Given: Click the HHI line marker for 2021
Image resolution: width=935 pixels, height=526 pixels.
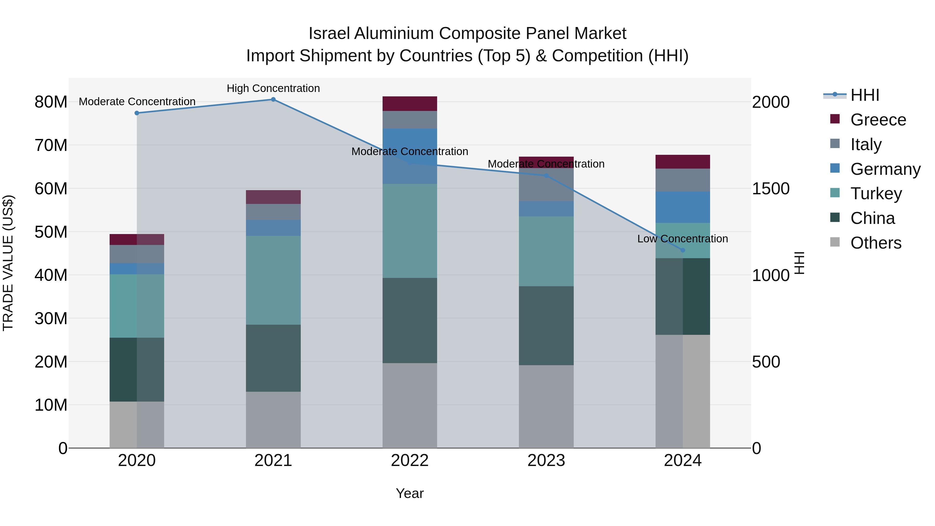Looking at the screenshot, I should click(273, 99).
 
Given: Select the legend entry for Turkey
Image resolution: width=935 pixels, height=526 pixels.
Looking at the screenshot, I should click(876, 194).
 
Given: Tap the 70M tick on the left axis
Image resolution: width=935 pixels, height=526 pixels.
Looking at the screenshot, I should click(51, 145).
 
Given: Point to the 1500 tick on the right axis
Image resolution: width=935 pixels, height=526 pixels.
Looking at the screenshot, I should click(770, 188).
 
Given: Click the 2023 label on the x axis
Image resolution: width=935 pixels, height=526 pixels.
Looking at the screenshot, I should click(546, 461).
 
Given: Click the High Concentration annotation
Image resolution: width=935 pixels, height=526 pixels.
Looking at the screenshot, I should click(273, 88).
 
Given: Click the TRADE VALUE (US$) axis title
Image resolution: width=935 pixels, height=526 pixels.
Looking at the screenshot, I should click(8, 263).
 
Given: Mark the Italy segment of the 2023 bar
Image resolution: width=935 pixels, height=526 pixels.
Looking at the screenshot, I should click(546, 184).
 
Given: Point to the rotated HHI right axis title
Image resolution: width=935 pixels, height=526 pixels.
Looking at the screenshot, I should click(800, 263).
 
